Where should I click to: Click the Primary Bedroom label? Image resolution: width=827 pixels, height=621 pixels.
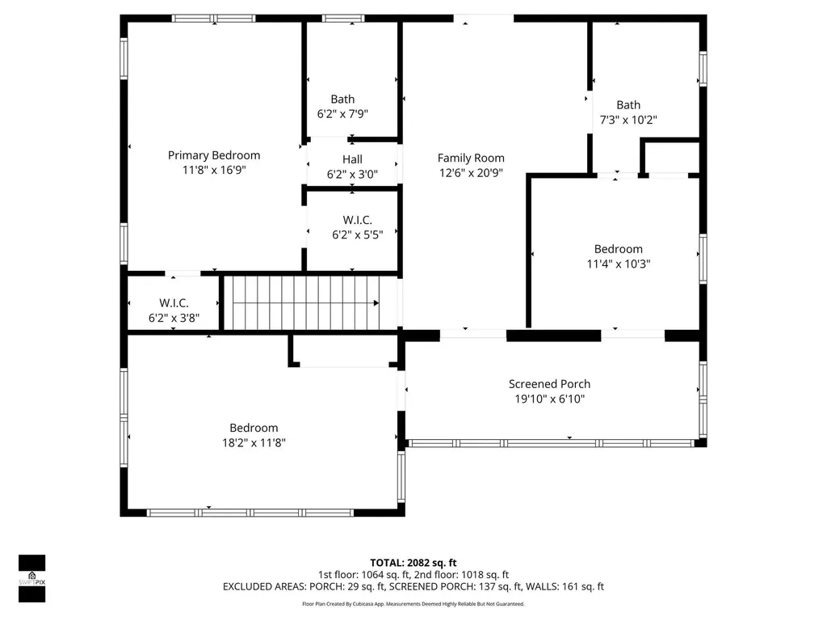(213, 155)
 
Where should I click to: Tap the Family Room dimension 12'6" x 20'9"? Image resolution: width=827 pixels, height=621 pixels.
(471, 173)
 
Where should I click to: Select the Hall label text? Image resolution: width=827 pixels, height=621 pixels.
(352, 159)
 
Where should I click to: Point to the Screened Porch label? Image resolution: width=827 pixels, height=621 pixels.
(549, 384)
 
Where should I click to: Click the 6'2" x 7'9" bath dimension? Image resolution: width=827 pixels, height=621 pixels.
(342, 113)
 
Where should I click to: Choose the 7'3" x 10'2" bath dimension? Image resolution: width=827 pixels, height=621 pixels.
(628, 120)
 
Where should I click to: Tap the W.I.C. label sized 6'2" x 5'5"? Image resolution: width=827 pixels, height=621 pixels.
(358, 220)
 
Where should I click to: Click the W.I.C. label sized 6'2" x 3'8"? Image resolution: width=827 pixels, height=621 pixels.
(174, 303)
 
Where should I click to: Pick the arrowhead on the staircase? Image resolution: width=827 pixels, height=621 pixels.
(376, 303)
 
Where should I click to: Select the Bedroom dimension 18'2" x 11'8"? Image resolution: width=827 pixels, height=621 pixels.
(254, 442)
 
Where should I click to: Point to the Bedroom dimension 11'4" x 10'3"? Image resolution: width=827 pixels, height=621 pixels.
(619, 264)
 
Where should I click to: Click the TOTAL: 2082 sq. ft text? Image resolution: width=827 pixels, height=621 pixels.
(413, 563)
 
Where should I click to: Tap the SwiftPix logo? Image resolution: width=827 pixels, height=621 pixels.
(31, 578)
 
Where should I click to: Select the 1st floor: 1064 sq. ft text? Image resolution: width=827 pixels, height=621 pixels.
(364, 575)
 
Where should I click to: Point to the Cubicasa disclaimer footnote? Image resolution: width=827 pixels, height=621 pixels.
(413, 603)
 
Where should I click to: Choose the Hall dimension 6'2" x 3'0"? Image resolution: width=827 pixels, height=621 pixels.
(352, 175)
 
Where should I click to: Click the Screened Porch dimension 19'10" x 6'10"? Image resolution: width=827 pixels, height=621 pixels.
(549, 399)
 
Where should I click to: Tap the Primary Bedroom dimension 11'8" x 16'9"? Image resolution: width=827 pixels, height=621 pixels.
(214, 170)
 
